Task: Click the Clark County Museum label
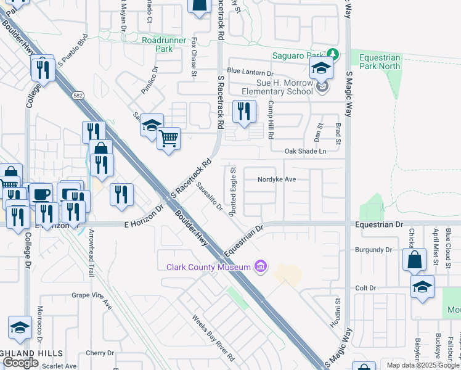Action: coord(209,267)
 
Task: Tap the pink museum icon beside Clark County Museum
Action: coord(261,266)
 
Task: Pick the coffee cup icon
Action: coord(41,194)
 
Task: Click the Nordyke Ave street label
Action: coord(277,179)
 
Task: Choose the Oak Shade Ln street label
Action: coord(304,151)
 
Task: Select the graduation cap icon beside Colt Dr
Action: coord(422,287)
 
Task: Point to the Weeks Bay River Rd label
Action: coord(214,338)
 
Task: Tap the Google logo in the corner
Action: coord(21,363)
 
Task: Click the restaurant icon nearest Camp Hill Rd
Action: coord(244,111)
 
